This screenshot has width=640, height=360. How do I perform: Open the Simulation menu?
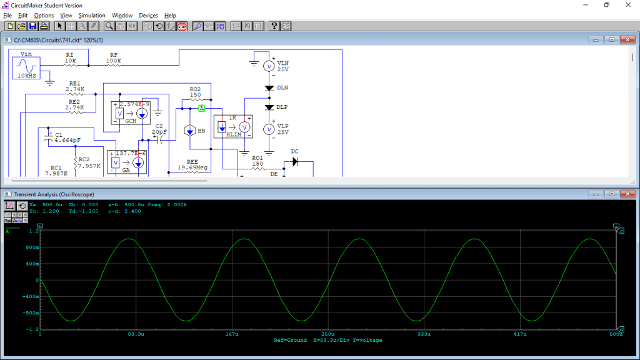(92, 15)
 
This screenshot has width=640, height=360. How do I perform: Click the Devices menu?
(148, 15)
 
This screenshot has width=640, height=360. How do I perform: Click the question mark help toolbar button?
(274, 26)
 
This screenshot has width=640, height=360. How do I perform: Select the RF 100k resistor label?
(114, 58)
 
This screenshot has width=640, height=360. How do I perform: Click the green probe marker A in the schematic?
(202, 108)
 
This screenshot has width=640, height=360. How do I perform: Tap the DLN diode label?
(282, 87)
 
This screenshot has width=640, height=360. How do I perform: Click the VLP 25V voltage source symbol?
(268, 129)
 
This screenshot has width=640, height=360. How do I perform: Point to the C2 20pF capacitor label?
(160, 129)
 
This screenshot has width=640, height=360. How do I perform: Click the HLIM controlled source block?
(233, 127)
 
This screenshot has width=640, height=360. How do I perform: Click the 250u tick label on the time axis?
(328, 334)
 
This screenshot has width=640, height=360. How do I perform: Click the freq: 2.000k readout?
(169, 204)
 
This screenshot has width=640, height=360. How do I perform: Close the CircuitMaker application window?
(628, 5)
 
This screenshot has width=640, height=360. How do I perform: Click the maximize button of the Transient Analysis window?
(612, 194)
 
